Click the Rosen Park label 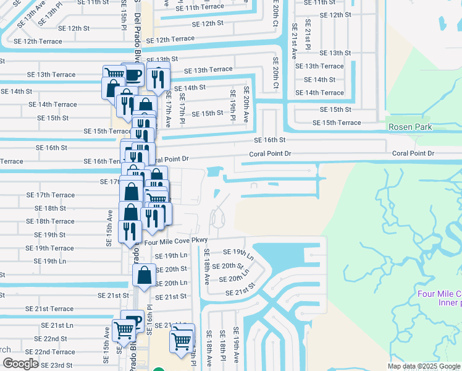coord(410,127)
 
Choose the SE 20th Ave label coord(246,104)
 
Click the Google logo coord(20,364)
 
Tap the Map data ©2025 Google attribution coord(423,366)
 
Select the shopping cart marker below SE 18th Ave coord(182,339)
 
